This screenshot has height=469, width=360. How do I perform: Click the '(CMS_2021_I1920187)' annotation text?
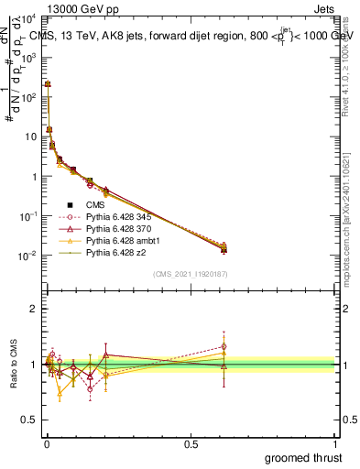click(x=190, y=274)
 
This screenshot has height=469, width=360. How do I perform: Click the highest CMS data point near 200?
click(x=48, y=84)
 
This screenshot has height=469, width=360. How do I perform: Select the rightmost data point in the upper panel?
click(x=224, y=248)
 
